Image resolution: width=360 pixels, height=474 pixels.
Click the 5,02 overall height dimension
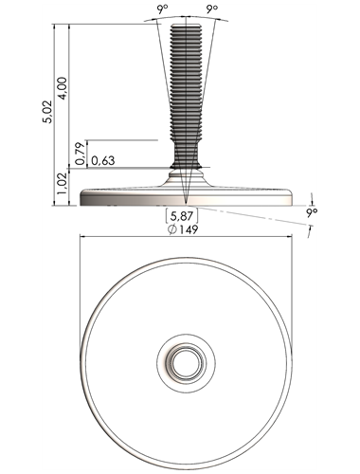click(48, 112)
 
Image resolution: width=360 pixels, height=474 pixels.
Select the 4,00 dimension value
click(63, 88)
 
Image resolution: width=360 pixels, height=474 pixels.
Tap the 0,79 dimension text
click(81, 154)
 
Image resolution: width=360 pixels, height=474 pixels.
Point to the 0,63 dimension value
click(103, 161)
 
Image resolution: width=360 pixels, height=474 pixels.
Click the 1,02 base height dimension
click(63, 184)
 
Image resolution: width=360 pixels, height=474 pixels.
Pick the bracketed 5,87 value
click(182, 216)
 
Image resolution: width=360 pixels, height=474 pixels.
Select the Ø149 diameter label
click(183, 229)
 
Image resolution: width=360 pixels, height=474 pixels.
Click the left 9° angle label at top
click(162, 9)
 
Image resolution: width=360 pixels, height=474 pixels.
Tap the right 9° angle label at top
click(212, 9)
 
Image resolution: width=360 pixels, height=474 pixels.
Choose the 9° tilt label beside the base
click(312, 212)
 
